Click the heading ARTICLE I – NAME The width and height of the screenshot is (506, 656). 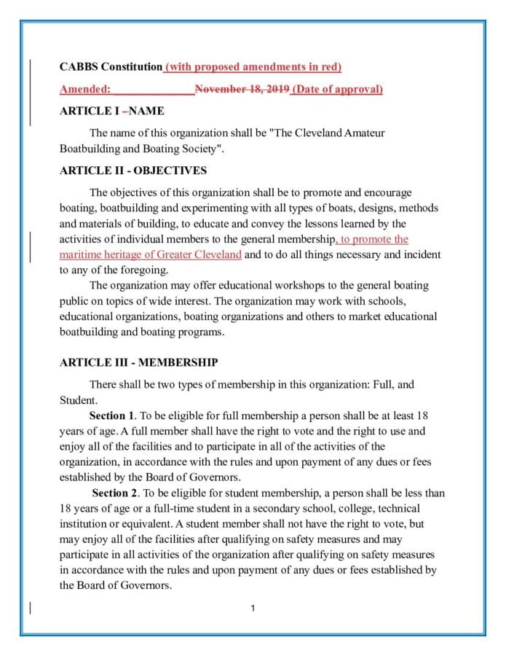111,112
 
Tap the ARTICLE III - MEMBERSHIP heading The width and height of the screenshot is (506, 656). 138,362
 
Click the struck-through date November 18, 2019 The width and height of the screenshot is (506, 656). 242,90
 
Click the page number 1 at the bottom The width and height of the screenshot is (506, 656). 252,608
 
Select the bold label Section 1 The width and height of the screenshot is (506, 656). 111,415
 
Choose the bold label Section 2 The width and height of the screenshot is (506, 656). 113,493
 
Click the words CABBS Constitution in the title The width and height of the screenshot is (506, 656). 111,67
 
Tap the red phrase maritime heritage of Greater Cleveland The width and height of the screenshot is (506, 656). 150,255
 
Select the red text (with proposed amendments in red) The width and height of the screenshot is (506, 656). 253,67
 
